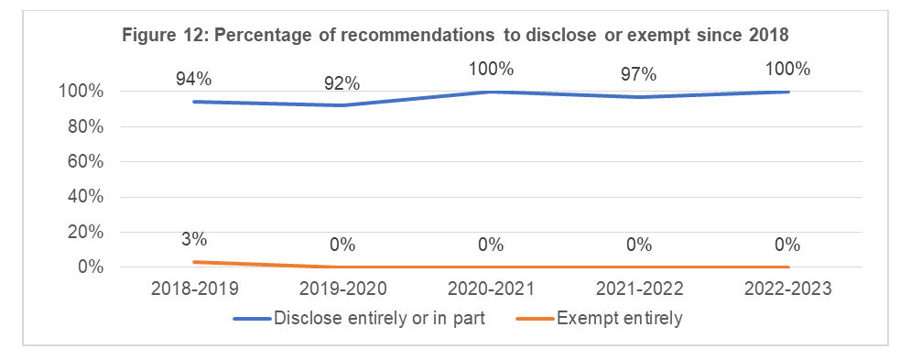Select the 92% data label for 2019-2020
[x=342, y=83]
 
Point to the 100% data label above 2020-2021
[x=491, y=69]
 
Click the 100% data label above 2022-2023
[x=787, y=69]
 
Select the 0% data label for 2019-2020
[x=342, y=245]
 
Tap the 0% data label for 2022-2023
[x=787, y=245]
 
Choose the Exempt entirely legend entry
[x=624, y=319]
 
